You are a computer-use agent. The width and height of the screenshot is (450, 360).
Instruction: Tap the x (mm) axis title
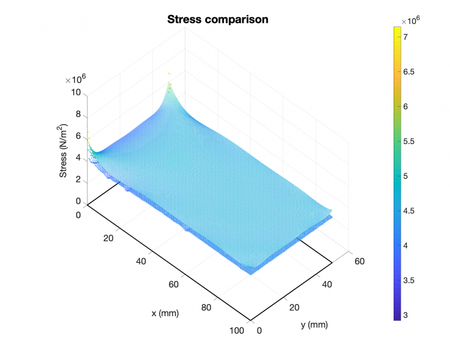coord(165,313)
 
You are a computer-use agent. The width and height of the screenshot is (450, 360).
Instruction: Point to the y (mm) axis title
coord(313,325)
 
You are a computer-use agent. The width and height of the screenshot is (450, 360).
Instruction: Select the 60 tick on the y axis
coord(359,261)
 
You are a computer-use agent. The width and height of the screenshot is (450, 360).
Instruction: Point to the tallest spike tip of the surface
coord(169,73)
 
